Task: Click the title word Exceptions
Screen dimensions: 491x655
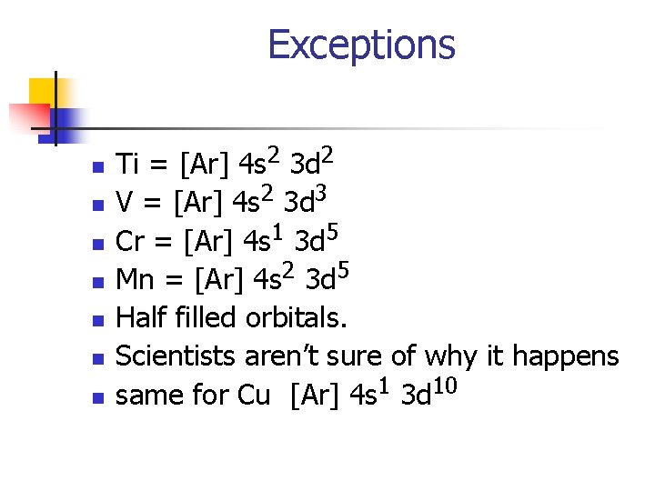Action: click(361, 45)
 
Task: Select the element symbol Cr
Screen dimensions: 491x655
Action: click(130, 242)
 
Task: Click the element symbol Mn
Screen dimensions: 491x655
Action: click(136, 280)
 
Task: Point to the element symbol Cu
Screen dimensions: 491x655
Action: click(254, 396)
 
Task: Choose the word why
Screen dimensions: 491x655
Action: click(448, 357)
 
